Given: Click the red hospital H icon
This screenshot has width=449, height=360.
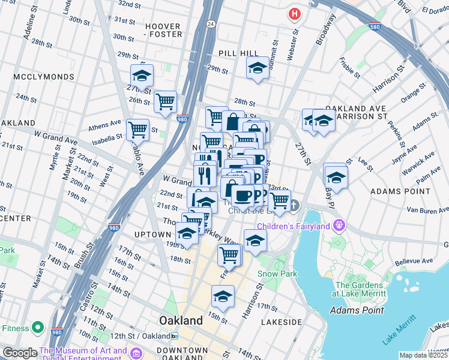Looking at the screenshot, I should pyautogui.click(x=294, y=13).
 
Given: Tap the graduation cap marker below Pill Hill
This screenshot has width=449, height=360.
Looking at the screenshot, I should pyautogui.click(x=258, y=68).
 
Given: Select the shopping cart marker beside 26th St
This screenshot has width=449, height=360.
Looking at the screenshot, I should pyautogui.click(x=165, y=100).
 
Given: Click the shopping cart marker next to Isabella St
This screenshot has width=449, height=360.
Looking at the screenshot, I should pyautogui.click(x=138, y=129).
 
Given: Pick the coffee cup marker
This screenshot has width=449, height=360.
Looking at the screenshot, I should pyautogui.click(x=243, y=195).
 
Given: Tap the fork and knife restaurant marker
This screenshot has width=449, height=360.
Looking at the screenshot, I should pyautogui.click(x=205, y=175).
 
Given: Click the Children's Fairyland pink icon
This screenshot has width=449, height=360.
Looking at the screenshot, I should pyautogui.click(x=340, y=226).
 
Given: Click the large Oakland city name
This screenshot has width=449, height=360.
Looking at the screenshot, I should pyautogui.click(x=181, y=320).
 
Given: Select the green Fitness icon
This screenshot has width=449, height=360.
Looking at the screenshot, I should pyautogui.click(x=37, y=328).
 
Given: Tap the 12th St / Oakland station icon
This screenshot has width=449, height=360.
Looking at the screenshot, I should pyautogui.click(x=175, y=335).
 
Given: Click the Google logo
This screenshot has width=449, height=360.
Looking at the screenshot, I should pyautogui.click(x=20, y=353).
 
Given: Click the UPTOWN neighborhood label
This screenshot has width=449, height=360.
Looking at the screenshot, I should pyautogui.click(x=152, y=234).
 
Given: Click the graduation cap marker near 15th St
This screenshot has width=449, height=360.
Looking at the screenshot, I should pyautogui.click(x=223, y=296).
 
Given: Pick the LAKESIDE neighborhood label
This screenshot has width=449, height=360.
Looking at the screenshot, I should pyautogui.click(x=282, y=322).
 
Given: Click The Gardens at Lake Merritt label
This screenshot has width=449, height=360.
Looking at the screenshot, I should pyautogui.click(x=360, y=289).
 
